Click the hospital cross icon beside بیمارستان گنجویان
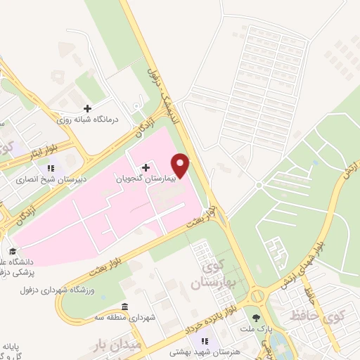point(146,167)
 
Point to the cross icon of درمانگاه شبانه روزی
point(87,108)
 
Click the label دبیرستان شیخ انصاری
point(51,179)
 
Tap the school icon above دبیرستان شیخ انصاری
point(50,169)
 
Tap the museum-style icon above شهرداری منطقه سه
point(124,307)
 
